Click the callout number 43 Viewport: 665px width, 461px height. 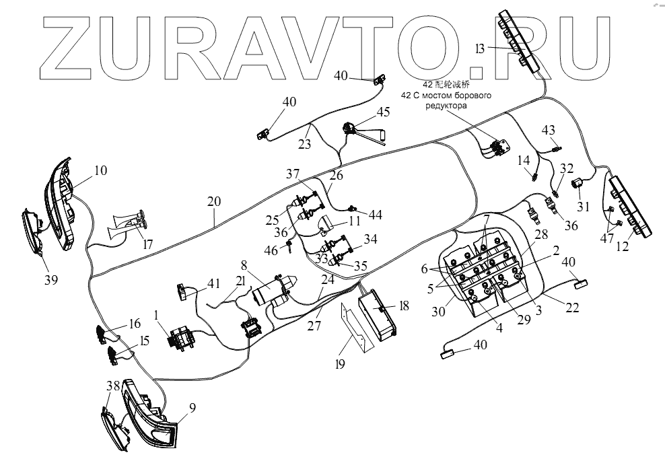click(549, 129)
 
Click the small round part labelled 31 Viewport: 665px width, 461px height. click(577, 183)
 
